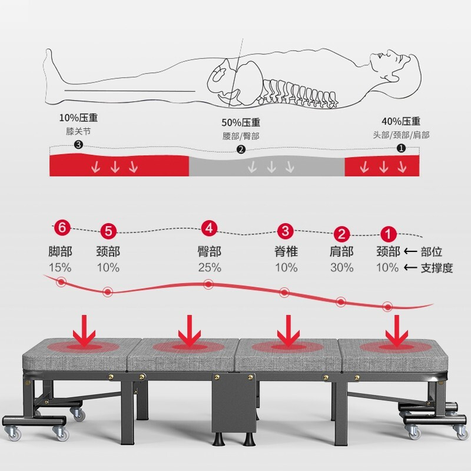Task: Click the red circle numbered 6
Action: click(x=62, y=227)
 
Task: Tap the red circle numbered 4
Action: click(x=209, y=228)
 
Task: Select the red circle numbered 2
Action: click(x=341, y=234)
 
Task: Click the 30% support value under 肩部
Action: click(x=342, y=267)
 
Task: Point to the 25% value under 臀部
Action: click(x=210, y=267)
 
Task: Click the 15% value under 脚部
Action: click(x=60, y=267)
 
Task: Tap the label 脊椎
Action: click(x=286, y=251)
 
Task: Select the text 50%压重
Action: click(x=241, y=122)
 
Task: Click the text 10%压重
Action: click(x=78, y=118)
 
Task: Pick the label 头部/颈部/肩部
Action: click(x=401, y=135)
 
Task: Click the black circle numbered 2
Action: click(x=241, y=150)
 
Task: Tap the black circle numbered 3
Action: click(x=78, y=145)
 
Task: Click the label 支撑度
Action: click(x=437, y=268)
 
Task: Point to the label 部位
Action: click(x=432, y=251)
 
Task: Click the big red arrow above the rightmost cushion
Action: click(x=397, y=330)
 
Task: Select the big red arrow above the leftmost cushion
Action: click(x=84, y=330)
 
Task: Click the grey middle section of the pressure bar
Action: click(x=267, y=166)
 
